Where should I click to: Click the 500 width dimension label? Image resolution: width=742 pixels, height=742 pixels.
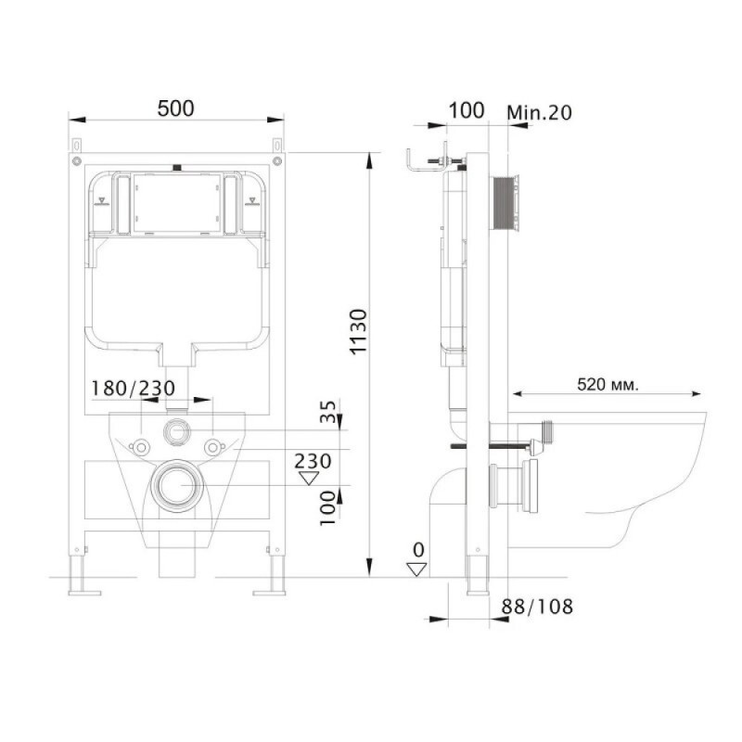tap(175, 109)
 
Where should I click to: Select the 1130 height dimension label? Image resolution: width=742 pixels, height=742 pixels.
tap(359, 331)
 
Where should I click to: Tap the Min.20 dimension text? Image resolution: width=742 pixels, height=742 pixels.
tap(539, 112)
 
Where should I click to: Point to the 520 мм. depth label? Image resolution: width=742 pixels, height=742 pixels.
tap(608, 384)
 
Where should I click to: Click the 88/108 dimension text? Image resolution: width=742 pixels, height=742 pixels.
tap(537, 607)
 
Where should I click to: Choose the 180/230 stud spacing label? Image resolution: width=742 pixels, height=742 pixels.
tap(133, 388)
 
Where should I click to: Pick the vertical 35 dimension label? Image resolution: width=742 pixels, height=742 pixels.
tap(328, 411)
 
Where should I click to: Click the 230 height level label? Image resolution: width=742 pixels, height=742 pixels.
tap(313, 461)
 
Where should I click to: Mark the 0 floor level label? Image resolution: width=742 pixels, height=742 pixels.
tap(418, 550)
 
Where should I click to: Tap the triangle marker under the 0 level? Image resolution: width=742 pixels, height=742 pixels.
tap(416, 569)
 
